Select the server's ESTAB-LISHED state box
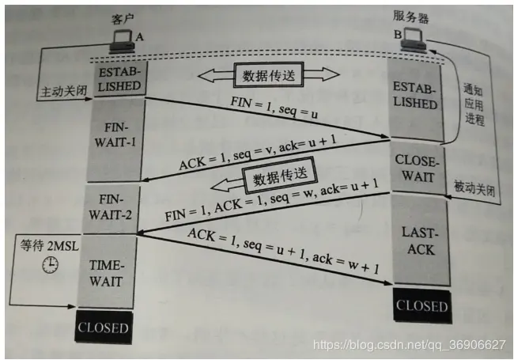coord(414,97)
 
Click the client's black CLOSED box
coord(104,326)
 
